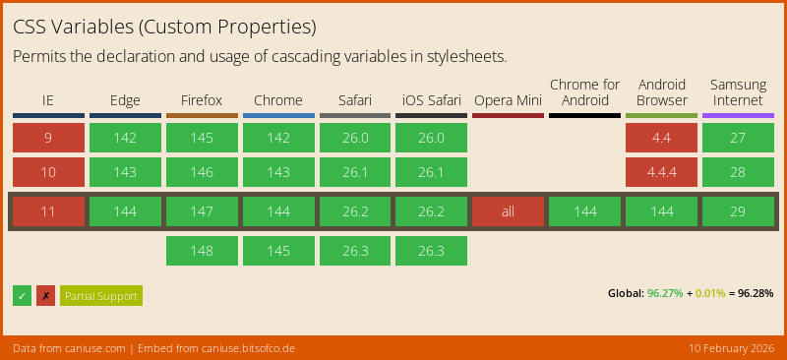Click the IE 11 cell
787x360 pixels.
(x=48, y=211)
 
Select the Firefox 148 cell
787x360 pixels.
(x=202, y=251)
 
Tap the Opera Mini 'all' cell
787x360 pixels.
(x=508, y=211)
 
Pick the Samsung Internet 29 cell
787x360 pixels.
(x=738, y=211)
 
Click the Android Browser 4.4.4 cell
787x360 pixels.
(x=661, y=172)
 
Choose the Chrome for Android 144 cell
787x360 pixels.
(x=584, y=211)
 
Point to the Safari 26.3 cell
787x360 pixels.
(x=354, y=251)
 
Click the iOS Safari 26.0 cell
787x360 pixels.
(x=431, y=138)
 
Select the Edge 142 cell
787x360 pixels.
(x=125, y=138)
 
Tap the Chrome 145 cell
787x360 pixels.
(x=278, y=251)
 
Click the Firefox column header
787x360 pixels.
(x=202, y=100)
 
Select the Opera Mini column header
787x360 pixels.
(x=508, y=100)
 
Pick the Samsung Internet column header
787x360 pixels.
(x=738, y=92)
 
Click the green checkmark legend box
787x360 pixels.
(x=23, y=295)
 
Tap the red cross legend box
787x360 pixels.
(x=45, y=295)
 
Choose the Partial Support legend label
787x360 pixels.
(x=101, y=295)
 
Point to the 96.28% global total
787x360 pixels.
(x=756, y=293)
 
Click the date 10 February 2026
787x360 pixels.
(x=731, y=348)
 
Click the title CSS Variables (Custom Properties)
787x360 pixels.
(x=164, y=27)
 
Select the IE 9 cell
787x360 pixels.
(x=48, y=138)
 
